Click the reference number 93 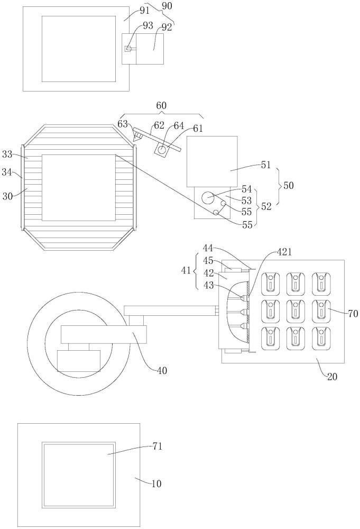coord(148,25)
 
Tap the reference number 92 coord(167,28)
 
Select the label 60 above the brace coord(161,106)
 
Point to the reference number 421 coord(284,252)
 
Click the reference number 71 coord(158,446)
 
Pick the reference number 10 coord(156,484)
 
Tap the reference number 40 coord(162,371)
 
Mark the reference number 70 coord(353,314)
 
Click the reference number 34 coord(7,172)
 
